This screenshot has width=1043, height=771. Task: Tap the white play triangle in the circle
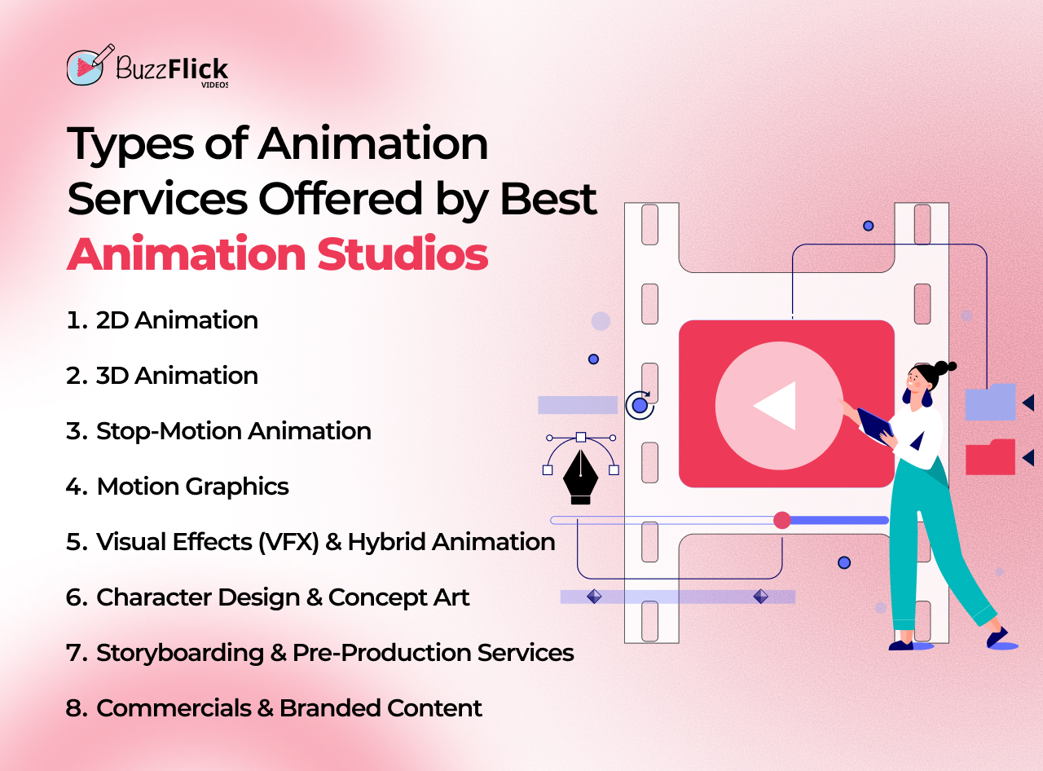point(777,406)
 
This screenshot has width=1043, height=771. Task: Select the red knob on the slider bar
point(782,520)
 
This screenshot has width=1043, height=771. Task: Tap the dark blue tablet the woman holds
point(874,425)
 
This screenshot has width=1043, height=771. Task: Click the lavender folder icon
point(990,402)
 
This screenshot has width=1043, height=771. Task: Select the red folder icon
point(990,457)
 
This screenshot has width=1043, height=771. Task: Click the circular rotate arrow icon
point(640,405)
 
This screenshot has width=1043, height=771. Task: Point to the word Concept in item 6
point(363,597)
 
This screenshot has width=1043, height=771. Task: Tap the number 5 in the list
point(75,542)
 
